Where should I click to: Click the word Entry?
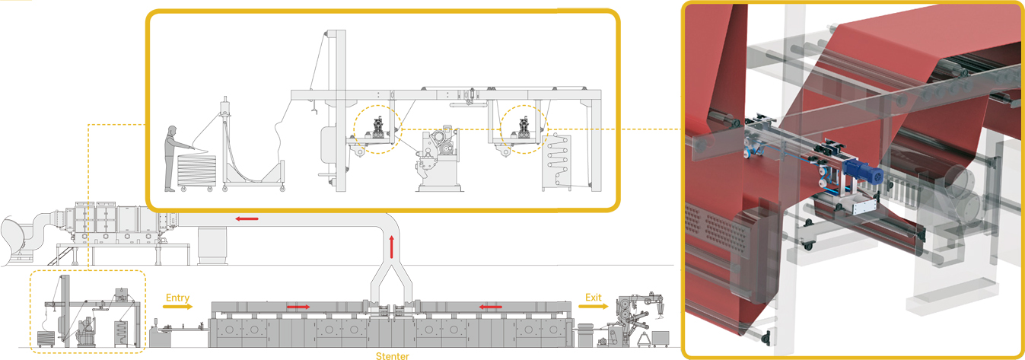pos(177,298)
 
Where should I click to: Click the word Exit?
pos(593,297)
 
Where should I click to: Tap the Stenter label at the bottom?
pos(393,355)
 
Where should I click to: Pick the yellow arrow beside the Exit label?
pos(593,307)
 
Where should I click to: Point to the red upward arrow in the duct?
pos(393,247)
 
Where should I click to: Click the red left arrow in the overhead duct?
pos(246,219)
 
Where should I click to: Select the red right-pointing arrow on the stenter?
pos(298,307)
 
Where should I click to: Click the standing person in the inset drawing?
pos(173,156)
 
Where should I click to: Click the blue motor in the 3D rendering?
pos(866,172)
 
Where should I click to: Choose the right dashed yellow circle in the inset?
pos(524,127)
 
